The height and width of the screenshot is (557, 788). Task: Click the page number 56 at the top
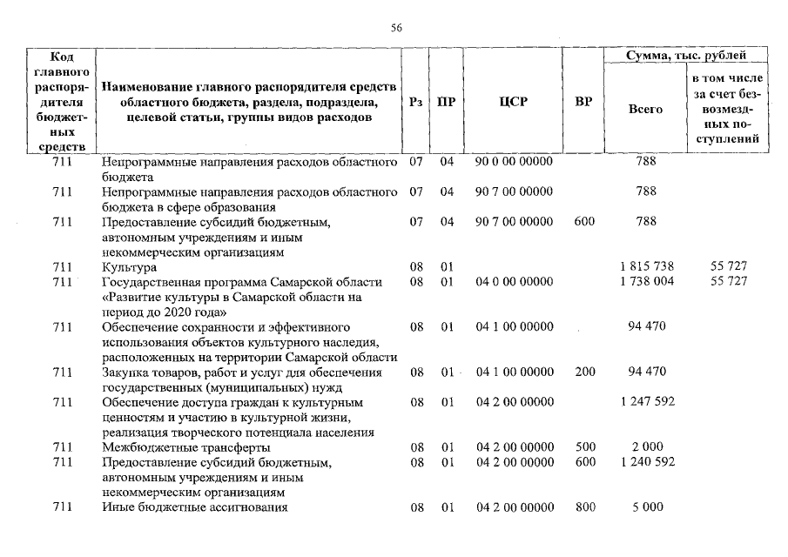[396, 29]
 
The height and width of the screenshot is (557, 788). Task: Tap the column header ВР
[584, 102]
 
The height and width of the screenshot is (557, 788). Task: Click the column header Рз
[416, 102]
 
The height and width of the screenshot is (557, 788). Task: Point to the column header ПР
[448, 102]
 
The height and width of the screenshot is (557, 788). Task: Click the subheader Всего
[645, 110]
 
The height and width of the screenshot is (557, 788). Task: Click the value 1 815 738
[645, 266]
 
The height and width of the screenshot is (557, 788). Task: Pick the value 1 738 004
[645, 281]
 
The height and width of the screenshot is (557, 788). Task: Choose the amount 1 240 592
[645, 461]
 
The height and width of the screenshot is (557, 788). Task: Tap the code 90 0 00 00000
[514, 162]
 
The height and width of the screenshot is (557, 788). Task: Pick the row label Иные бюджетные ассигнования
[194, 507]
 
